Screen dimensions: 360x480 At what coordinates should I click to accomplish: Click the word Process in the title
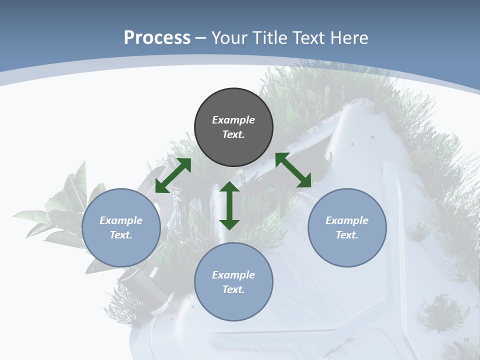point(157,37)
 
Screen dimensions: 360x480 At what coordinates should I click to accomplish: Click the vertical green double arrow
point(229,205)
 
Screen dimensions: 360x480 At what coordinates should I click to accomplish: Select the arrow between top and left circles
point(173,175)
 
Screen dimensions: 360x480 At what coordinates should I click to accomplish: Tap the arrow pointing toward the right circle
point(293,170)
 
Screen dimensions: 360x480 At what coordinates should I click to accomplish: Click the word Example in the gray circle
point(233,120)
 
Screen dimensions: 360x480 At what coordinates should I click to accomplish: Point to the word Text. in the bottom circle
point(233,289)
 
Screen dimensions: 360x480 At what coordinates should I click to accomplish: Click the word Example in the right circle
point(347,220)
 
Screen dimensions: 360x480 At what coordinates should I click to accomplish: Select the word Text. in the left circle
point(121,235)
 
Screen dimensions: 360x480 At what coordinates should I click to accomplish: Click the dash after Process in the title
point(200,37)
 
